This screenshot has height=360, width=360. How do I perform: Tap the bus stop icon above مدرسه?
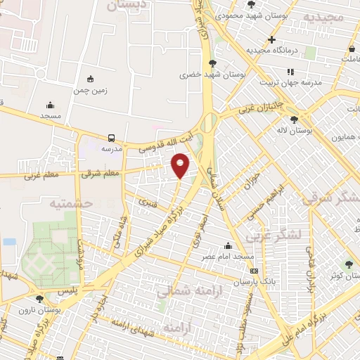pos(112,138)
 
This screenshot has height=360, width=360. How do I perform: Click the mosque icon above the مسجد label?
pos(51,103)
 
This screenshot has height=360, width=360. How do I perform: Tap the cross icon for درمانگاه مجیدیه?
pos(271,39)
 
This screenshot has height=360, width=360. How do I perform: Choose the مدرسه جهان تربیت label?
pos(292,82)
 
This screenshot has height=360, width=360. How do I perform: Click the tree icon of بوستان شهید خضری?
pos(213,63)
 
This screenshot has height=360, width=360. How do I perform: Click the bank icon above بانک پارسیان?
pos(254,271)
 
